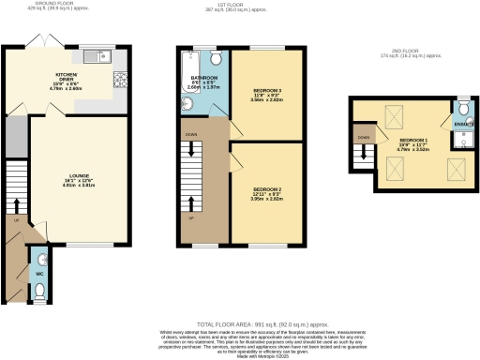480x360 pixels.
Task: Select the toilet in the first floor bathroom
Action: [x=217, y=56]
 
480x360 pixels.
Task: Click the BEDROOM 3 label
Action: [x=267, y=94]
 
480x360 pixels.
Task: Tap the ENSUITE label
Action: [x=462, y=123]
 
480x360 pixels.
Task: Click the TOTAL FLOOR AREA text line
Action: [x=240, y=320]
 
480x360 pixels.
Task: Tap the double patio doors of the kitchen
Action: [x=41, y=45]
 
